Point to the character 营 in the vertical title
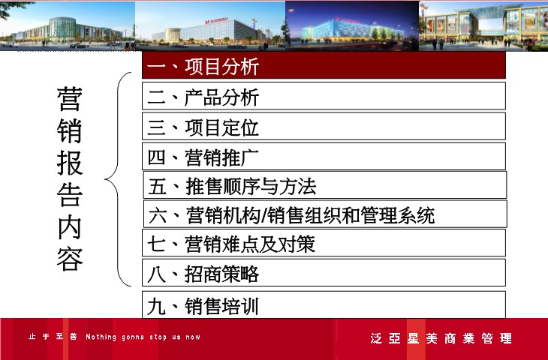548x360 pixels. [70, 99]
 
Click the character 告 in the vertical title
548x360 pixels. [70, 195]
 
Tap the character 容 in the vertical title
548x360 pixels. [70, 259]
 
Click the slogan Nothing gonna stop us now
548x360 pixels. [143, 337]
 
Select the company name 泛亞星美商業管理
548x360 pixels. [441, 338]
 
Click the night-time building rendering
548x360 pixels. [352, 25]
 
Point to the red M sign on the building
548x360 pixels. [207, 22]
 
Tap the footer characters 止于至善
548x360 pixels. [53, 337]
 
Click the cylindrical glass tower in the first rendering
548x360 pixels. [62, 29]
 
